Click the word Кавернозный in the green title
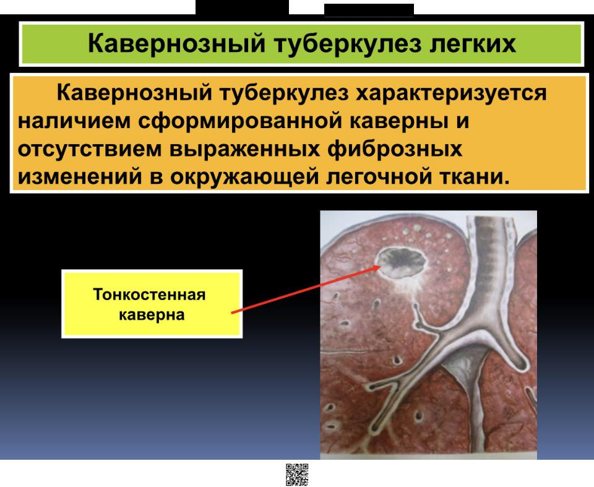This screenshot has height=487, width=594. click(x=176, y=43)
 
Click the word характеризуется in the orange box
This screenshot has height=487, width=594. click(x=451, y=93)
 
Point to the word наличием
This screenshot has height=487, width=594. click(x=74, y=121)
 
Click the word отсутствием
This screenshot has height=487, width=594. click(x=89, y=149)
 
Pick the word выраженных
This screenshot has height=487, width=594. click(x=244, y=149)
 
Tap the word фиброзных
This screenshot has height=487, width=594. click(x=394, y=149)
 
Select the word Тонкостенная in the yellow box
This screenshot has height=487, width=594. click(x=149, y=295)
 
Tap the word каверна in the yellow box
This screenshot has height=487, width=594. click(x=152, y=315)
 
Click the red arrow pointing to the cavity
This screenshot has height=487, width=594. click(x=306, y=290)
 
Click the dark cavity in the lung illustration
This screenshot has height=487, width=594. click(x=403, y=261)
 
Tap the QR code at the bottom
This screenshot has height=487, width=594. click(x=297, y=475)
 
